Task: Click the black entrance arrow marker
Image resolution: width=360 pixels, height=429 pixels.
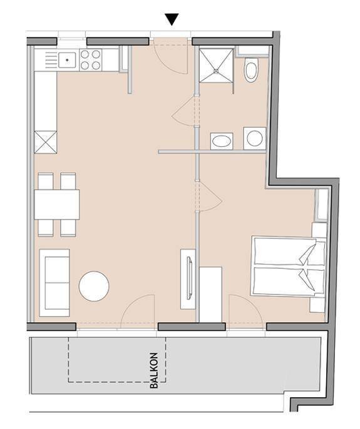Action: point(172,19)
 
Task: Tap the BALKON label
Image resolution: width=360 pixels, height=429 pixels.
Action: point(154,370)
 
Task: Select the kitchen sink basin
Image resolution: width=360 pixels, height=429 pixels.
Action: point(67,60)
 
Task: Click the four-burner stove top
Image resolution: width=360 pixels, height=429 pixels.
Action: point(90,60)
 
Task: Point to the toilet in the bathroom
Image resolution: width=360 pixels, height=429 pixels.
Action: point(251,70)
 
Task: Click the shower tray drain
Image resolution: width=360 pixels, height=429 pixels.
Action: point(216,71)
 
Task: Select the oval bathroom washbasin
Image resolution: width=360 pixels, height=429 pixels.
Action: point(222,141)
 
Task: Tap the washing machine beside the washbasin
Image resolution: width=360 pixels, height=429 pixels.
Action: point(255,138)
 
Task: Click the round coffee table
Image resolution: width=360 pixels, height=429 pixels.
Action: point(94,286)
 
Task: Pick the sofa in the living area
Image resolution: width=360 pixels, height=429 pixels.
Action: point(54,283)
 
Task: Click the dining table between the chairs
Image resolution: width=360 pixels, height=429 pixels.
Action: point(57,204)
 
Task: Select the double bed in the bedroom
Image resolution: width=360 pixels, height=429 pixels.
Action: point(288,267)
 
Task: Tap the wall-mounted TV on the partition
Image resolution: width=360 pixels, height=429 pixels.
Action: point(189,278)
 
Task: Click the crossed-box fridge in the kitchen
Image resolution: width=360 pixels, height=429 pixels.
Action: point(46,142)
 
